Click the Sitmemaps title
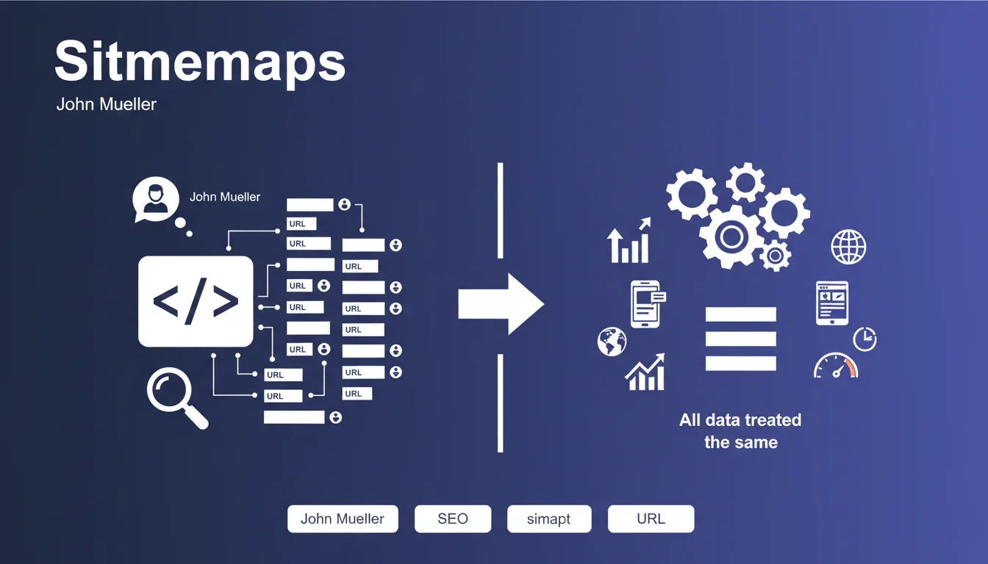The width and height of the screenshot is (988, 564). point(199,62)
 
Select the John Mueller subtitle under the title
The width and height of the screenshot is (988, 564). point(107,104)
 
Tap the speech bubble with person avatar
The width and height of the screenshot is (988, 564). point(156,200)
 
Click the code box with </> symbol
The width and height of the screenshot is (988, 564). point(196,301)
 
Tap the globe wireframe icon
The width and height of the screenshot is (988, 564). point(848,247)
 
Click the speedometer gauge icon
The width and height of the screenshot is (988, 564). point(836,365)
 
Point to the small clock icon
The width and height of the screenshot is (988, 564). point(865,339)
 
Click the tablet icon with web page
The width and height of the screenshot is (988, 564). point(832,303)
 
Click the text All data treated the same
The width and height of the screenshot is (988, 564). point(740,431)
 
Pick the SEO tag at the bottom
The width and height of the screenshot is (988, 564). point(453,518)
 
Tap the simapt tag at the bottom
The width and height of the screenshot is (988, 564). point(548,518)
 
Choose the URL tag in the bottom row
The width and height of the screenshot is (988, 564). point(651,518)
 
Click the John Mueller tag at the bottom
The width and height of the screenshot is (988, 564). point(343,518)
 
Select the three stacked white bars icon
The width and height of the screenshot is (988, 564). point(740,339)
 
